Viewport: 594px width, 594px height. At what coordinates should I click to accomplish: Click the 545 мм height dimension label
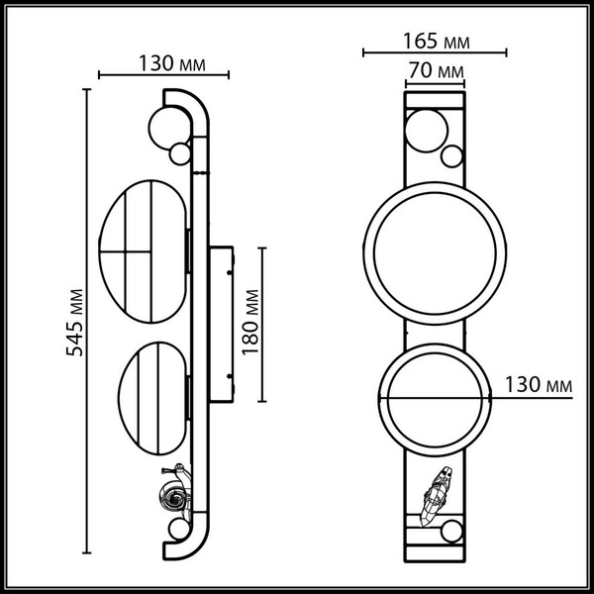pos(71,323)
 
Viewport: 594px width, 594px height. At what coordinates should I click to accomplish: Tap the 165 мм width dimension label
pos(436,42)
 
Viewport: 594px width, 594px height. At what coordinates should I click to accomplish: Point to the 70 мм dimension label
pos(436,71)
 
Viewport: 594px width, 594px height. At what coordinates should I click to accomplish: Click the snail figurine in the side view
pos(170,491)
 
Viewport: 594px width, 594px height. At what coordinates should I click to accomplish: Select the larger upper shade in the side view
pos(145,253)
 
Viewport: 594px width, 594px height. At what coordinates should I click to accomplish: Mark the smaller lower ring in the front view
pos(433,399)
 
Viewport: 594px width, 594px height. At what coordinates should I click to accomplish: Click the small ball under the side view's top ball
pos(179,154)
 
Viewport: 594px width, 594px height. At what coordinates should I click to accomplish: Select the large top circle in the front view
pos(425,131)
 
